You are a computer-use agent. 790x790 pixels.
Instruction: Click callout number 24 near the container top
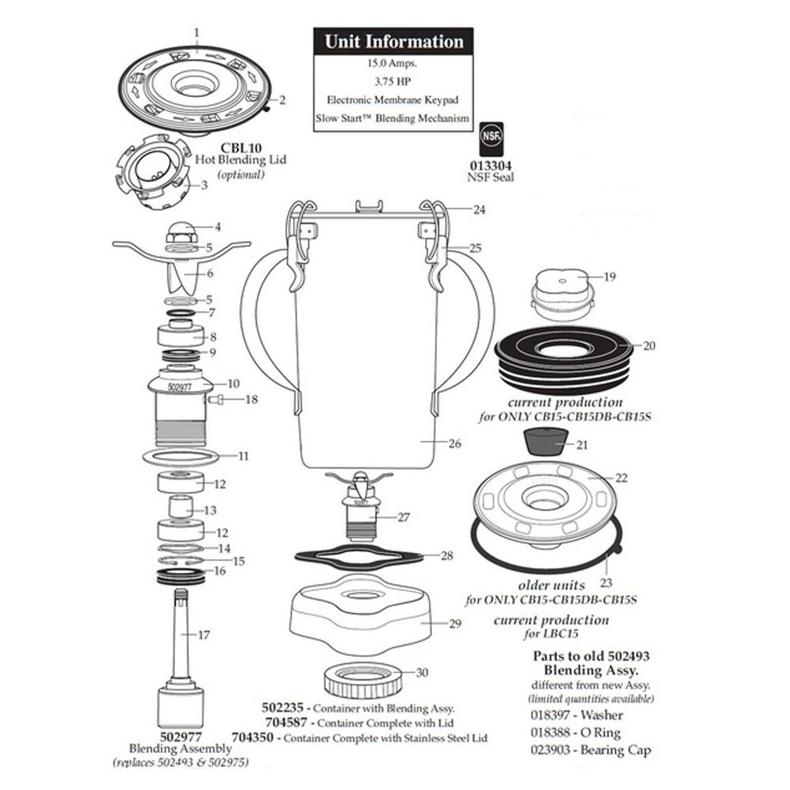click(478, 210)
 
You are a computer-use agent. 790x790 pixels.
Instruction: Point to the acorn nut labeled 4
click(180, 230)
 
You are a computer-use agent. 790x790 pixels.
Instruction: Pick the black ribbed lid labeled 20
click(565, 355)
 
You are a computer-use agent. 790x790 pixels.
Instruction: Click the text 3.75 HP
click(393, 81)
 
